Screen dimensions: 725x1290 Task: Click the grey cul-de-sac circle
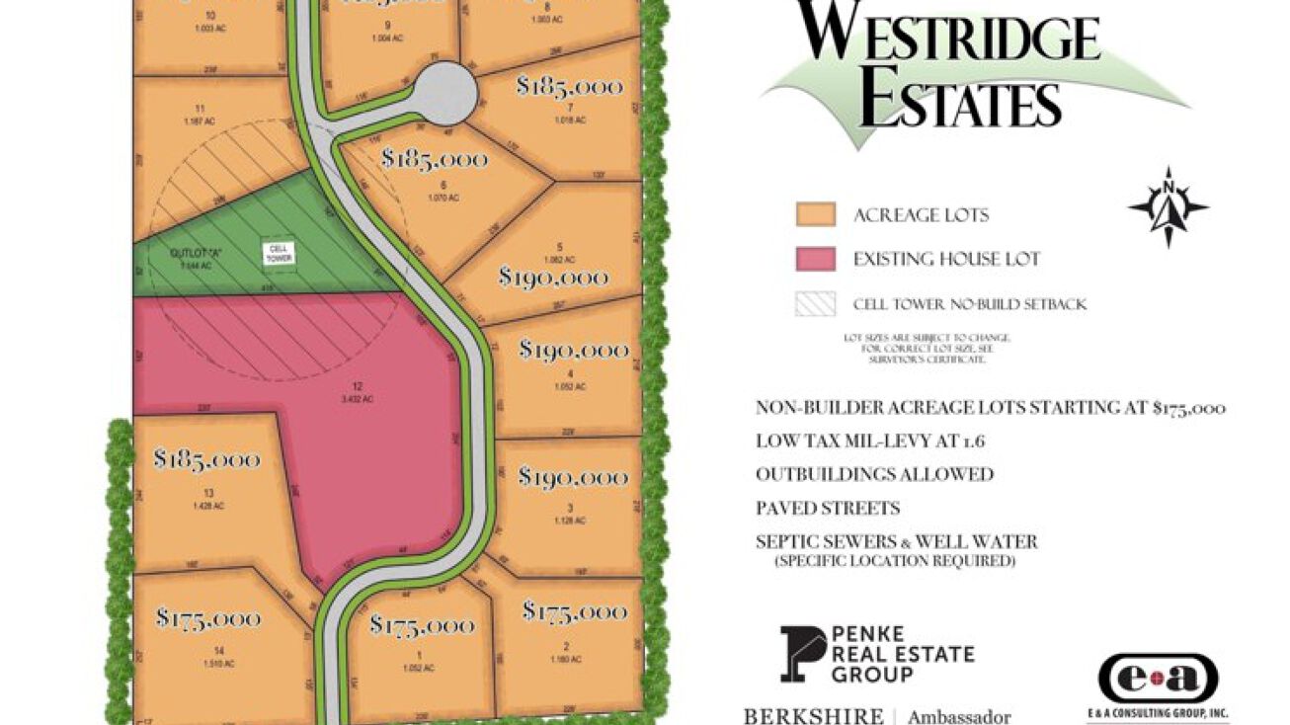[x=444, y=93]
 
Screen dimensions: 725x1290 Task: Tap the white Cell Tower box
[x=278, y=253]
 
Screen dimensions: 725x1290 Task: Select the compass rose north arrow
[x=1169, y=206]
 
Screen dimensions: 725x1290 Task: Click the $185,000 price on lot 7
[x=570, y=87]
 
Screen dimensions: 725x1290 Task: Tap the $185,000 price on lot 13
[x=206, y=459]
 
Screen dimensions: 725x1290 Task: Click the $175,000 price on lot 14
[x=207, y=618]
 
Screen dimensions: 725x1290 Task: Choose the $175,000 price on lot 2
[x=574, y=612]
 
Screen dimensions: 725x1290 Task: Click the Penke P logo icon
[x=802, y=654]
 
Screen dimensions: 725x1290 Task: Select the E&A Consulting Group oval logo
[x=1158, y=680]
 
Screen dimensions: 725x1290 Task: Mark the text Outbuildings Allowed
[x=874, y=474]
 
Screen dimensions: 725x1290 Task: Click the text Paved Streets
[x=828, y=509]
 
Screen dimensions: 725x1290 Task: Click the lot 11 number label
[x=201, y=109]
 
